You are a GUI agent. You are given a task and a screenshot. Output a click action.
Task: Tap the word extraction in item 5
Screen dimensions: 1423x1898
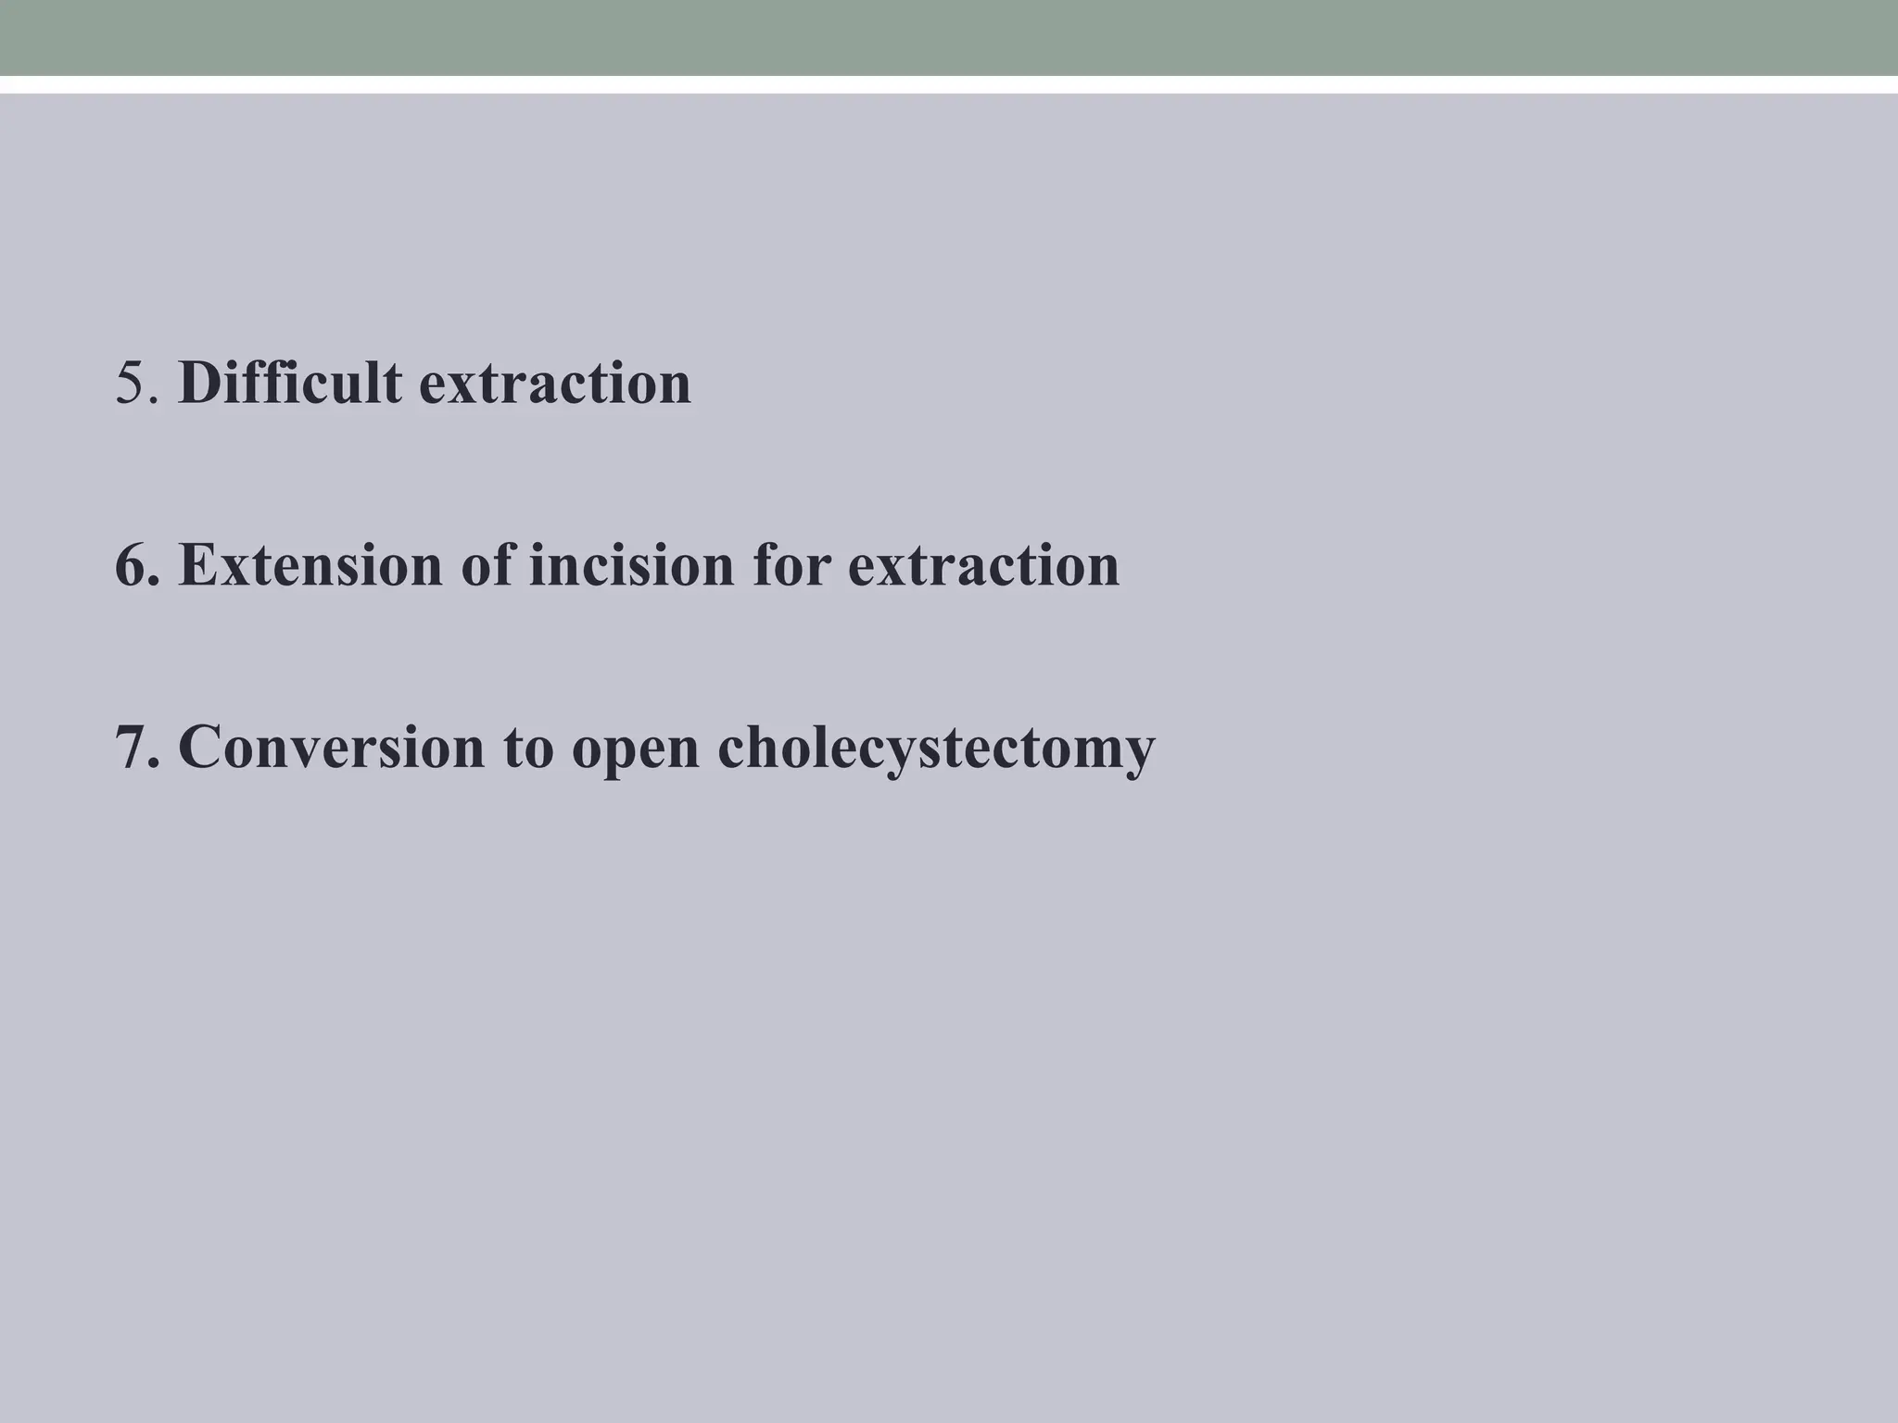point(555,384)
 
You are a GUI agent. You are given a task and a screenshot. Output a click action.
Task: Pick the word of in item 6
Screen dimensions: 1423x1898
point(487,565)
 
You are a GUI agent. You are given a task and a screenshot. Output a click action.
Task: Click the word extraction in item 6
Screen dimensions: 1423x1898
point(983,565)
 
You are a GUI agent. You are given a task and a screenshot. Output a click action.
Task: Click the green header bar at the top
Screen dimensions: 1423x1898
point(949,37)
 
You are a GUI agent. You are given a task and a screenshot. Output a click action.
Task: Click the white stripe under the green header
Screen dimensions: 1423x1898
point(949,84)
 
